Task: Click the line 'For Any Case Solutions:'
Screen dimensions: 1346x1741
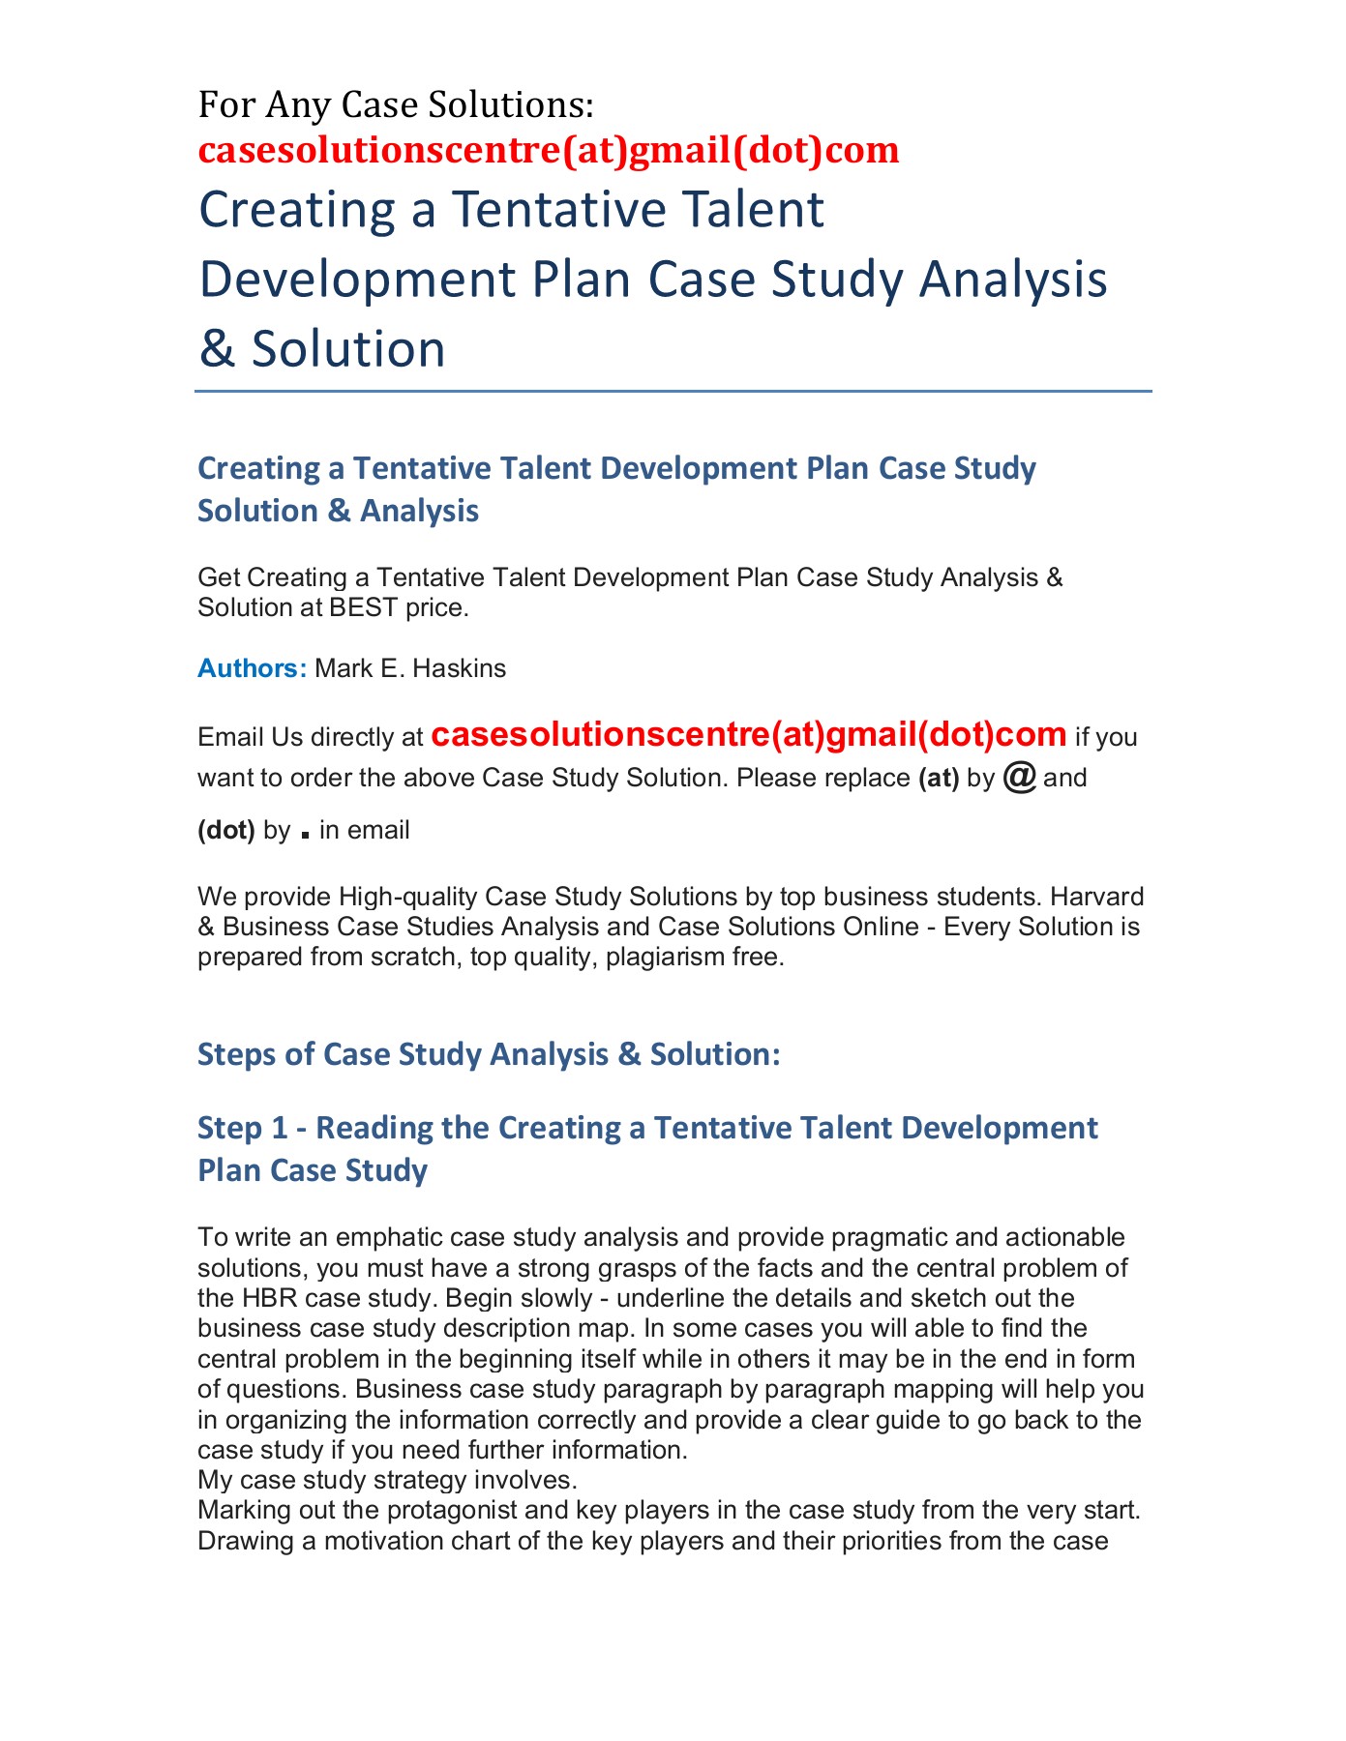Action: (x=396, y=104)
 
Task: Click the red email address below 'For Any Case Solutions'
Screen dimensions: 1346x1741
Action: (x=548, y=150)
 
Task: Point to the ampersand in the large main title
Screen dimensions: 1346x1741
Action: (x=217, y=349)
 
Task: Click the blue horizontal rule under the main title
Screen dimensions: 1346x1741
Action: (x=673, y=392)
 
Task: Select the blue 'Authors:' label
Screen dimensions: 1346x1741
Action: (x=252, y=668)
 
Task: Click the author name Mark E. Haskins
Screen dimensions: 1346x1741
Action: (x=410, y=668)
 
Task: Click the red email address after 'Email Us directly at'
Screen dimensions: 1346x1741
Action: (x=748, y=735)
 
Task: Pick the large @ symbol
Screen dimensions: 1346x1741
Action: (x=1020, y=777)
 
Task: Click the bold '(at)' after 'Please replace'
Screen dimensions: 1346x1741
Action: (x=938, y=779)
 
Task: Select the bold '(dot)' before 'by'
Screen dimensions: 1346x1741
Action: (x=226, y=830)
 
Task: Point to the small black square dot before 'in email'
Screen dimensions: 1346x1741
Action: (x=306, y=834)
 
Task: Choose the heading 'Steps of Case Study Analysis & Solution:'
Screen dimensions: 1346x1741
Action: (x=489, y=1053)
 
